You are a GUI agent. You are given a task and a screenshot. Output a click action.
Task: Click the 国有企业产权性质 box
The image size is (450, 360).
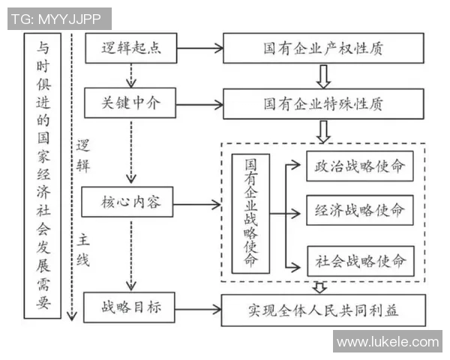pos(323,49)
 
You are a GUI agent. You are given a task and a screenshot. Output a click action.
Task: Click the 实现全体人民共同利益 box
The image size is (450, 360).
pos(323,308)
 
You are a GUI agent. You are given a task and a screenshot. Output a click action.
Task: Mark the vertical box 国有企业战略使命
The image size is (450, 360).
pos(250,213)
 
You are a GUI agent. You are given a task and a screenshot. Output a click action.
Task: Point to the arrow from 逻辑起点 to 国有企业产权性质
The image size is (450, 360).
pos(200,49)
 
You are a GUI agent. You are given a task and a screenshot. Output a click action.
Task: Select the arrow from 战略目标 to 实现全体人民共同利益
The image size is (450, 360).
pos(200,308)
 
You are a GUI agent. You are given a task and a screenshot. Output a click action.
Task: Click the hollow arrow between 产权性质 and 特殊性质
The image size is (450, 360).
pos(323,76)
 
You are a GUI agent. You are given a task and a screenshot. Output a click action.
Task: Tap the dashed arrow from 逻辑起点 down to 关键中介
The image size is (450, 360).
pos(131,76)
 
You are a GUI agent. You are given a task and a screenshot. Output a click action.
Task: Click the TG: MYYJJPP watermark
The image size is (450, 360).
pos(59,17)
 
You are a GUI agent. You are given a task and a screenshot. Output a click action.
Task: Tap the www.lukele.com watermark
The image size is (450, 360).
pos(387,342)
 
